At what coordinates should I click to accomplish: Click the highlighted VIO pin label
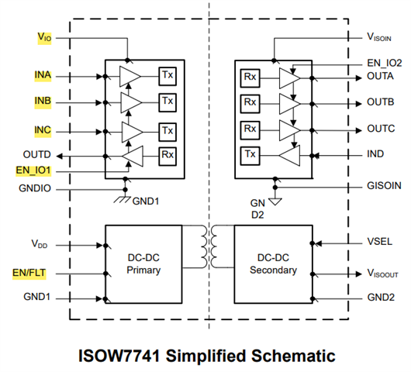pos(44,37)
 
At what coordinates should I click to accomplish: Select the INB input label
pos(43,101)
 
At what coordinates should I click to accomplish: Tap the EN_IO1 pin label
pos(33,170)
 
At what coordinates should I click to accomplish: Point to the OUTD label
pos(36,154)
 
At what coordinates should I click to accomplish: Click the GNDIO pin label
pos(35,188)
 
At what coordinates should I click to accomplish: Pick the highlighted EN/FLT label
pos(29,273)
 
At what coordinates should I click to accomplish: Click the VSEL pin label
pos(379,242)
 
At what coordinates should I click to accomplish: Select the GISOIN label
pos(384,186)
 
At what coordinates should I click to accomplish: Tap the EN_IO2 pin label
pos(385,63)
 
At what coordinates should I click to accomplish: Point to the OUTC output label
pos(381,129)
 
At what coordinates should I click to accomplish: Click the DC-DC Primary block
pos(143,264)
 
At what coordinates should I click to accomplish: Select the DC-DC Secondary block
pos(274,264)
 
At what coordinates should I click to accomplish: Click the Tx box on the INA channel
pos(168,76)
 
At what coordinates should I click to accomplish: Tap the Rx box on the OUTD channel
pos(168,157)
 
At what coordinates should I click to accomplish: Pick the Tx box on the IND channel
pos(250,156)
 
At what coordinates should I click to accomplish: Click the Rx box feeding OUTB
pos(250,104)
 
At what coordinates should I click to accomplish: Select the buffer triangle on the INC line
pos(132,132)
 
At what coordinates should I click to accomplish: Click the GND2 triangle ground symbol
pos(275,201)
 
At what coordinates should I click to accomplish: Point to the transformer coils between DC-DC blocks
pos(209,246)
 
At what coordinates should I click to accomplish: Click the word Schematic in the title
pos(293,356)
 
